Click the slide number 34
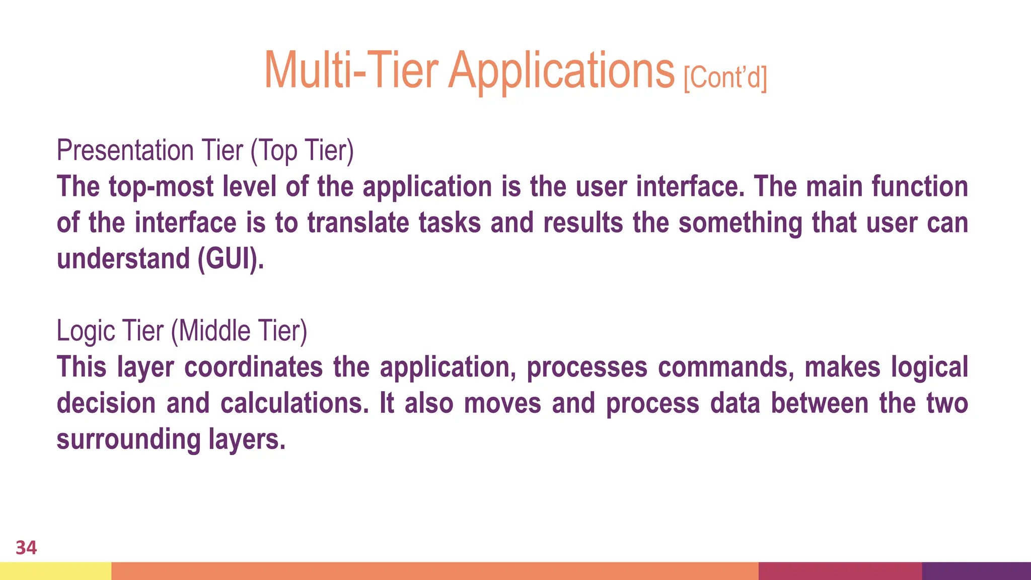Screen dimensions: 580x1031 click(26, 548)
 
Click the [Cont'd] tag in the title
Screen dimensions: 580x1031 click(725, 78)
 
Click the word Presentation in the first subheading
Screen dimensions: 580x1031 click(125, 150)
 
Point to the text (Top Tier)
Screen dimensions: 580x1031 click(302, 150)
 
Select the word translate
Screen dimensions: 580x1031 click(358, 223)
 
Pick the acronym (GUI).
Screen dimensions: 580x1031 click(231, 259)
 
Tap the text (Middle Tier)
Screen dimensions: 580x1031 click(239, 331)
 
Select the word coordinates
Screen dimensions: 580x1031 click(253, 367)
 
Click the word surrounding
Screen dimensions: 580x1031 click(128, 440)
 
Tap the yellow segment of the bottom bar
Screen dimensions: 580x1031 click(55, 571)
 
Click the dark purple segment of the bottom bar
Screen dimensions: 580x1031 click(976, 571)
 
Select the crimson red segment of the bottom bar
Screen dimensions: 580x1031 click(840, 571)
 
